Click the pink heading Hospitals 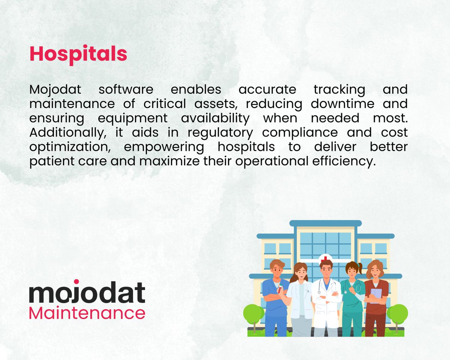[78, 54]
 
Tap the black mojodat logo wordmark [87, 293]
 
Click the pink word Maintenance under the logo [87, 313]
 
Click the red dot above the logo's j [76, 281]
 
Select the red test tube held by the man [280, 289]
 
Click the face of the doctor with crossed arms [326, 270]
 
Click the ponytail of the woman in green [360, 268]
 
